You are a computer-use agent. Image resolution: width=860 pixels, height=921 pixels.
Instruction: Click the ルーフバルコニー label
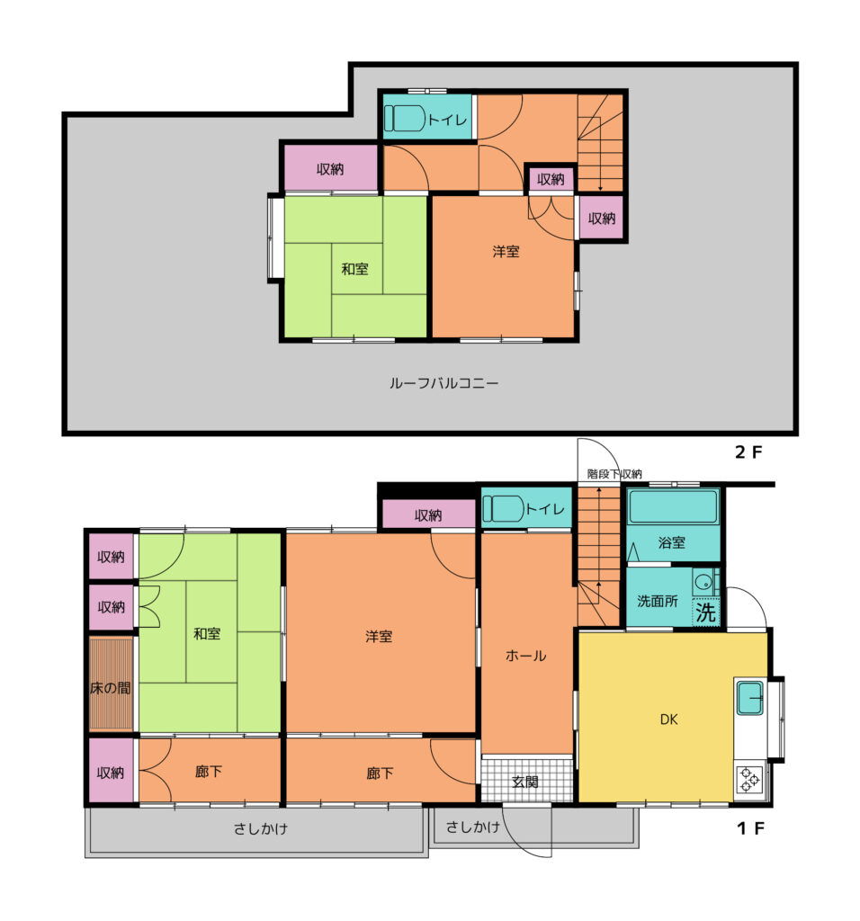[x=443, y=383]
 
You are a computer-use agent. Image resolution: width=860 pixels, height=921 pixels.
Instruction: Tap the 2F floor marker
[x=748, y=452]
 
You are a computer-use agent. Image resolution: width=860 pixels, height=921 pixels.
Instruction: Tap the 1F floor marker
[x=751, y=828]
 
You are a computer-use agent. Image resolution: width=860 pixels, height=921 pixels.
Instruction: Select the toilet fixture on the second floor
[x=406, y=118]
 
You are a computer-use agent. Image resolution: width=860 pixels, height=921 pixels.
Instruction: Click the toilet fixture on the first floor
[x=504, y=509]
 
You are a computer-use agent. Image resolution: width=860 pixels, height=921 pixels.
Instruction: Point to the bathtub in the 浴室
[x=673, y=505]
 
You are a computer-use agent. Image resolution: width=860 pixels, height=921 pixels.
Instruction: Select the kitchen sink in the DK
[x=750, y=697]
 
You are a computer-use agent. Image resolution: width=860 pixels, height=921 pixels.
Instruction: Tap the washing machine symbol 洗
[x=705, y=612]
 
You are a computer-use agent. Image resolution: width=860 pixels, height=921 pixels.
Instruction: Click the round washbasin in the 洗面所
[x=703, y=583]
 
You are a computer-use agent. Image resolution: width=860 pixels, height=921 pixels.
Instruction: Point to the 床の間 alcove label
[x=111, y=688]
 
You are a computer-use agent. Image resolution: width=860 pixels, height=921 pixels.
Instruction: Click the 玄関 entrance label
[x=524, y=782]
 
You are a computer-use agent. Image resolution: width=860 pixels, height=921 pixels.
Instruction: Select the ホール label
[x=525, y=656]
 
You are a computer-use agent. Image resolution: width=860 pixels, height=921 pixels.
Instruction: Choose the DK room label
[x=669, y=720]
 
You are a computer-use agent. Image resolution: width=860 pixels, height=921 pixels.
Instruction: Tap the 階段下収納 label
[x=614, y=474]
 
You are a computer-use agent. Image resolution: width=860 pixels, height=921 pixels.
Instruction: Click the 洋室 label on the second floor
[x=506, y=252]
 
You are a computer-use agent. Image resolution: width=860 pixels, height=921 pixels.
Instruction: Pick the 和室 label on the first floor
[x=207, y=634]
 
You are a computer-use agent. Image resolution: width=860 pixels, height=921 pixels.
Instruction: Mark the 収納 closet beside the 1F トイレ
[x=428, y=515]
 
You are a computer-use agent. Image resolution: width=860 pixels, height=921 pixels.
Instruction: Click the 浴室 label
[x=672, y=542]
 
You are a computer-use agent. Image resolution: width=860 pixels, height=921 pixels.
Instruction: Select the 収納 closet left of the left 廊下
[x=111, y=771]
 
